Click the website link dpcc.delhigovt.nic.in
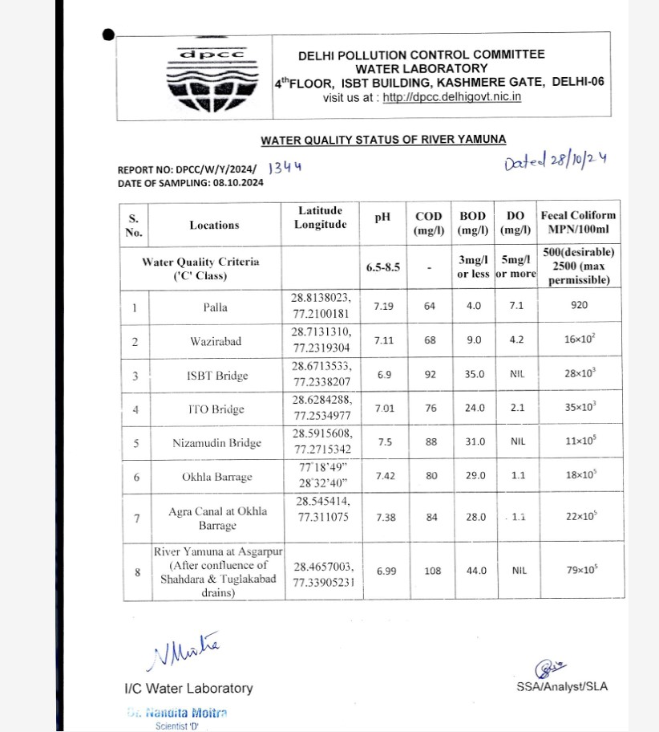click(452, 97)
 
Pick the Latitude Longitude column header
click(320, 218)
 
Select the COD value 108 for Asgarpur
click(431, 571)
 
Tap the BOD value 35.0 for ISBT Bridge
click(474, 374)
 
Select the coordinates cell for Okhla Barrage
click(320, 476)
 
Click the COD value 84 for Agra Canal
click(431, 517)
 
